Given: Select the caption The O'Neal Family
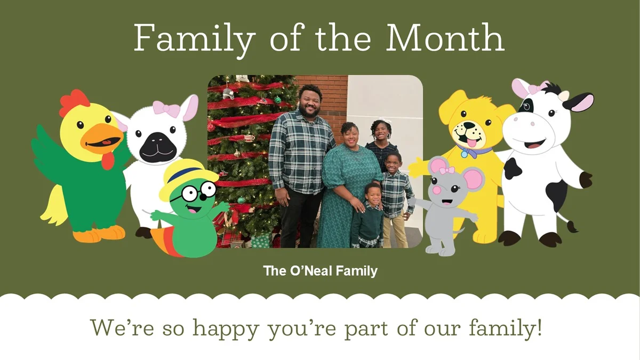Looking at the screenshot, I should click(320, 271).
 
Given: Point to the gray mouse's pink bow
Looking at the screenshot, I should click(446, 170).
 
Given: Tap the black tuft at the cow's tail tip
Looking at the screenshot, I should click(572, 227).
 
